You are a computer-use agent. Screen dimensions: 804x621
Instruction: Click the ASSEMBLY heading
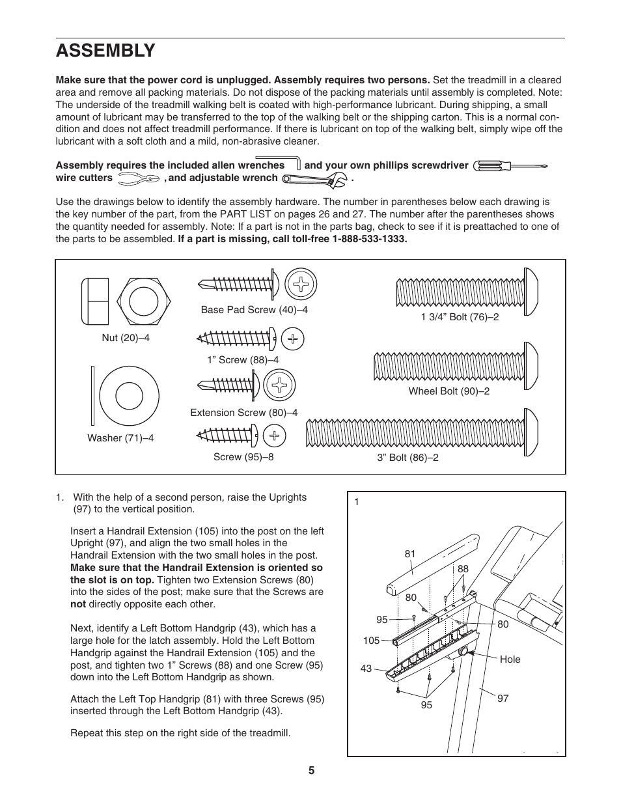tap(105, 50)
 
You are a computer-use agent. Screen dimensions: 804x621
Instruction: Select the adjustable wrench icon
tap(315, 177)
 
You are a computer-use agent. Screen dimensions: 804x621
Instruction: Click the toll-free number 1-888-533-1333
tap(368, 239)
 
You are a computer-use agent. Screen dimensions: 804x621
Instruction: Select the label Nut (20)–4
tap(126, 338)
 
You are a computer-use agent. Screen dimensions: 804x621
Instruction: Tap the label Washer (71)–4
tap(120, 438)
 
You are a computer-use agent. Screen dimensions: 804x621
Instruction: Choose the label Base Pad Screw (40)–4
tap(254, 310)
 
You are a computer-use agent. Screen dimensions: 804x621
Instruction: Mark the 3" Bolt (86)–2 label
tap(407, 458)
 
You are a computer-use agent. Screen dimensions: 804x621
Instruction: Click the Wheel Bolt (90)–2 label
tap(448, 391)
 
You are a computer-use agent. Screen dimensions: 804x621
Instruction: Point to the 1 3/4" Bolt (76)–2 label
tap(460, 317)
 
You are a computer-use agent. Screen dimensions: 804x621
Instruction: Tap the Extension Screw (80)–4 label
tap(243, 413)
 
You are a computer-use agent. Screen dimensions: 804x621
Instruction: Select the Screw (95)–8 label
tap(243, 457)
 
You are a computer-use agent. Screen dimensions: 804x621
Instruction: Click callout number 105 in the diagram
tap(371, 641)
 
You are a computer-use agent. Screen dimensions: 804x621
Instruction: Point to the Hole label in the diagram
tap(510, 659)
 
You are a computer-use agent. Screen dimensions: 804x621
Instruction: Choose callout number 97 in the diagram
tap(503, 699)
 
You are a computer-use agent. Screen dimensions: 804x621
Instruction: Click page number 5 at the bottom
tap(311, 771)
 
